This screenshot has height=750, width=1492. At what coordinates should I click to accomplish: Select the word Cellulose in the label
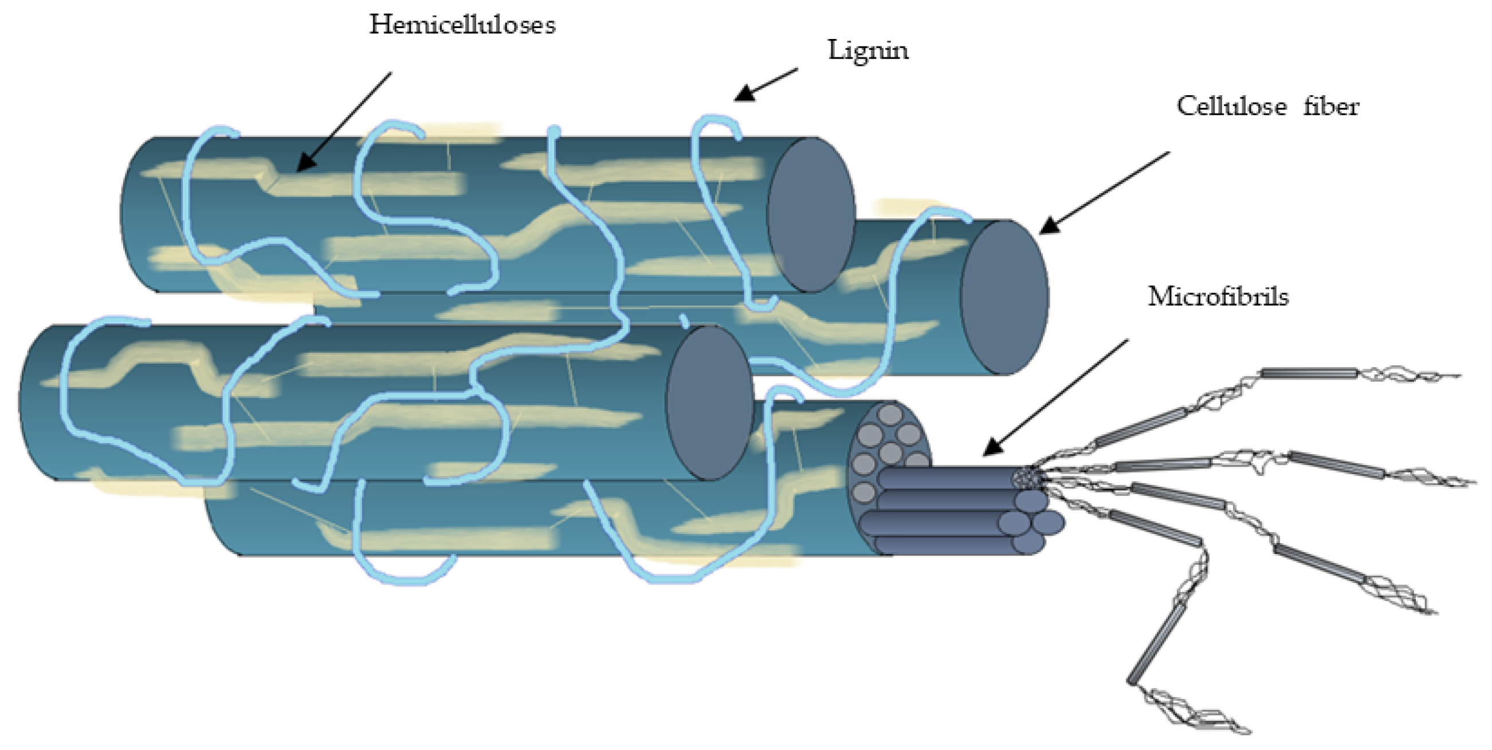pyautogui.click(x=1231, y=107)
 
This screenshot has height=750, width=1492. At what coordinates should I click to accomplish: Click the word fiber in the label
pyautogui.click(x=1331, y=107)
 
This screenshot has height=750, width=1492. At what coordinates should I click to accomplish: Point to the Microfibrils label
pyautogui.click(x=1218, y=297)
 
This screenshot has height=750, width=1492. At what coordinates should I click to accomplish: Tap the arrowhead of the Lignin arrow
pyautogui.click(x=744, y=94)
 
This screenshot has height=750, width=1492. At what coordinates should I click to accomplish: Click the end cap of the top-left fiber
pyautogui.click(x=811, y=214)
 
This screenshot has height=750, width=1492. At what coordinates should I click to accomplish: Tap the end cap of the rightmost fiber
pyautogui.click(x=1004, y=297)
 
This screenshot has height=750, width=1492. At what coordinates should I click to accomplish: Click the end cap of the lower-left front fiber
pyautogui.click(x=709, y=403)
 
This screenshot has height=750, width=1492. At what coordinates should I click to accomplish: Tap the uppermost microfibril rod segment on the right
pyautogui.click(x=1309, y=373)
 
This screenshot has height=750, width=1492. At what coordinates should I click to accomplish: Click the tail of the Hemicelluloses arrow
pyautogui.click(x=390, y=73)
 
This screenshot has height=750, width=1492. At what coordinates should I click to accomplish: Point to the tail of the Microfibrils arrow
pyautogui.click(x=1127, y=341)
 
